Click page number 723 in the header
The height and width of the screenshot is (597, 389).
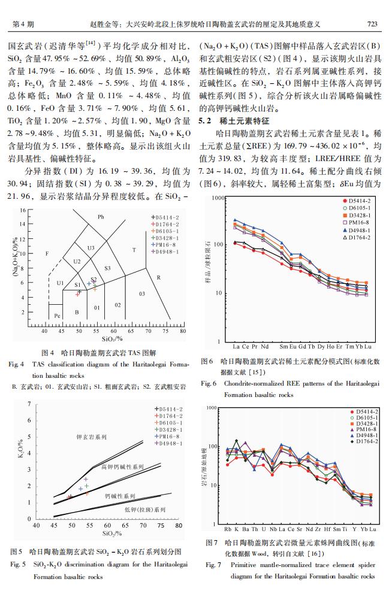coord(372,24)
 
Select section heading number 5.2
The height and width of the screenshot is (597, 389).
coord(204,121)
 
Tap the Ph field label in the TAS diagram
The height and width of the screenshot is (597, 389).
coord(101,217)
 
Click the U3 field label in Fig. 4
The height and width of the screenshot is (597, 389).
coord(91,248)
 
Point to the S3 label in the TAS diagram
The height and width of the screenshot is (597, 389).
coord(107,268)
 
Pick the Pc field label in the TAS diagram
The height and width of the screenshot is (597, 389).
coord(57,316)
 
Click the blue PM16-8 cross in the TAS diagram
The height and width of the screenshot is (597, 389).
coord(89,284)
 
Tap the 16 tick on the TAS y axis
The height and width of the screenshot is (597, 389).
coord(23,210)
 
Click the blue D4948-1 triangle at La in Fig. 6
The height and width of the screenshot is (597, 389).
coord(235,220)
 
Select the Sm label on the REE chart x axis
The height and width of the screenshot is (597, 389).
coord(283,346)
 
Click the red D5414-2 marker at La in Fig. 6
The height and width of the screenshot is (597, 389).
coord(235,243)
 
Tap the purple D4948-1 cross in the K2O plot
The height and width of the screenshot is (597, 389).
coord(86,479)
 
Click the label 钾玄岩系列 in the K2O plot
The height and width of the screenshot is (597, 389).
coord(92,437)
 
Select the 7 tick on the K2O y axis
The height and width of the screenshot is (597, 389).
coord(29,404)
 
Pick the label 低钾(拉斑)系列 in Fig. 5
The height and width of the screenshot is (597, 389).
coord(145,510)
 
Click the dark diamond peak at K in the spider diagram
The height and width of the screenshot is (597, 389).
coord(237,441)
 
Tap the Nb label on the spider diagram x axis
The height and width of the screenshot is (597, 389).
coord(273,529)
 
